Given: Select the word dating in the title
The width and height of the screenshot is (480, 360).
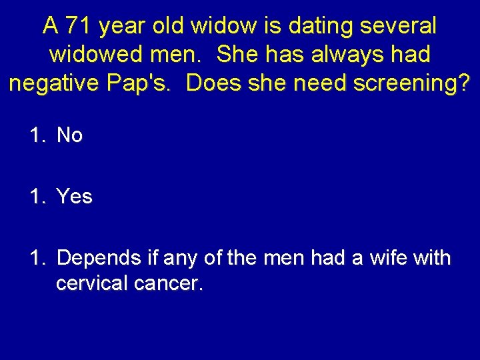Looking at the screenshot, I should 319,26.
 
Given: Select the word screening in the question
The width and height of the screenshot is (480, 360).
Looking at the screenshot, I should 411,83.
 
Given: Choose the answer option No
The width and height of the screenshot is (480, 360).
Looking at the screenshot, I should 69,135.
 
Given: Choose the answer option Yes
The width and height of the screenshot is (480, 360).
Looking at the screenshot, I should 74,196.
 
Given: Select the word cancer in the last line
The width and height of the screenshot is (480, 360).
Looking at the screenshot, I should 167,284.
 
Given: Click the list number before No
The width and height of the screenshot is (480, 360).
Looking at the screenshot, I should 37,135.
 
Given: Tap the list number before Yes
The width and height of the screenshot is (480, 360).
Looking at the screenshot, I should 37,196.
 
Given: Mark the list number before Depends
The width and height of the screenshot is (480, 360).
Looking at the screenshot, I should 37,257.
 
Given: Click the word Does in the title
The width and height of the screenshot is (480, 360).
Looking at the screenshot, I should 211,83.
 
